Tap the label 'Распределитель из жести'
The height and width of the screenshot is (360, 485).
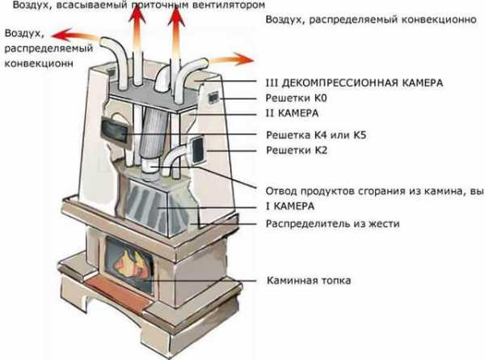point(332,223)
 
